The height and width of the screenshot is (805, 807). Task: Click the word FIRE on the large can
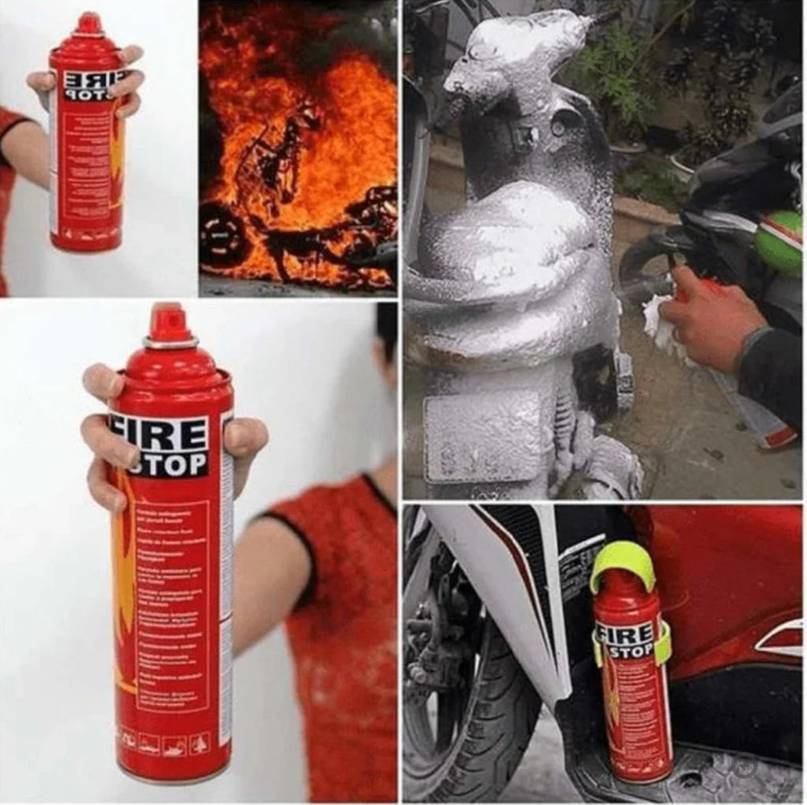tap(167, 434)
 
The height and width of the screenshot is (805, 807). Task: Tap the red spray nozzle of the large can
tap(167, 323)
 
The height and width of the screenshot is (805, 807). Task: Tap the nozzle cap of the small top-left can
tap(89, 24)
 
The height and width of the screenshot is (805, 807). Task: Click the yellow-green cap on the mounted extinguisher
tap(623, 562)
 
